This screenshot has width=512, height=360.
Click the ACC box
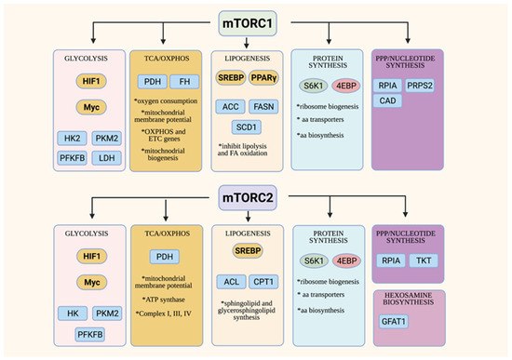pos(233,106)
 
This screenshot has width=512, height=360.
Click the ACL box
pos(233,281)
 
